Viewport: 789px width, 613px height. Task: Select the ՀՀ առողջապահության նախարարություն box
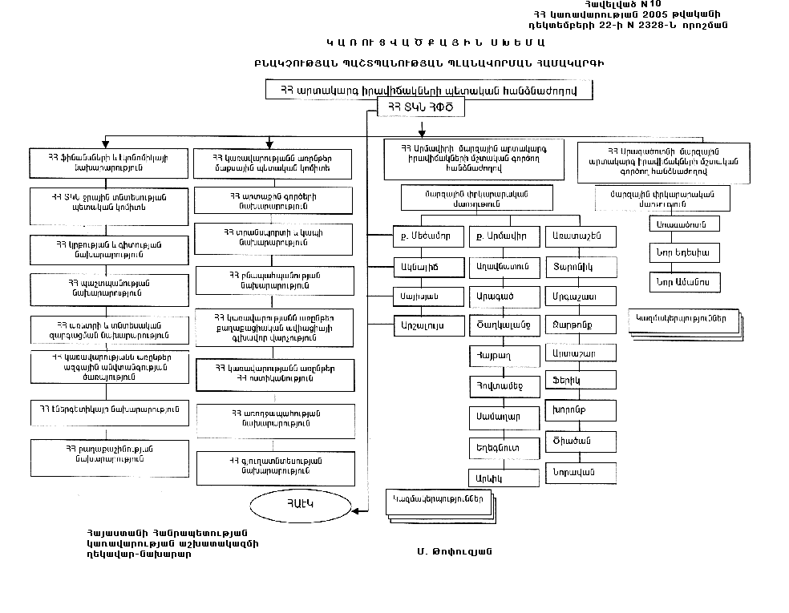[275, 418]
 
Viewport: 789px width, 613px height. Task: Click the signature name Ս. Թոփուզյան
[454, 551]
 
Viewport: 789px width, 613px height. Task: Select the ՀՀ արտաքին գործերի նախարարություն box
[275, 200]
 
